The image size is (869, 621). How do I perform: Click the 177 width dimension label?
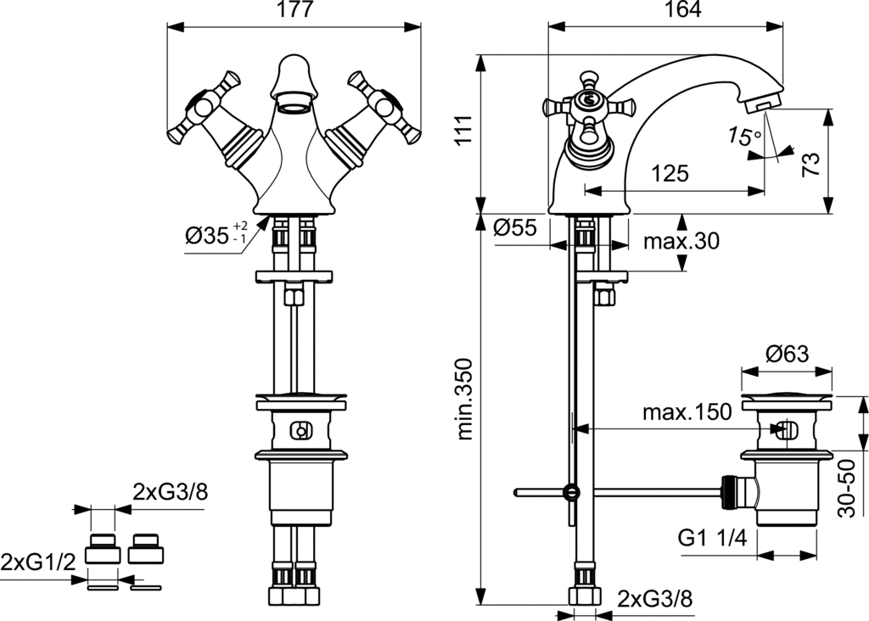(x=294, y=9)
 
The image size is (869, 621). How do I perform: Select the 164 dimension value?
(x=681, y=9)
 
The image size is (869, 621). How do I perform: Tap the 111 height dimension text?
(x=464, y=130)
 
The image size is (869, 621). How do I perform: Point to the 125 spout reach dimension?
(x=670, y=173)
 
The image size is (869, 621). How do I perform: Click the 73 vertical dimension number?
(x=810, y=165)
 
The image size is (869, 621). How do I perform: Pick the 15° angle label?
(x=745, y=136)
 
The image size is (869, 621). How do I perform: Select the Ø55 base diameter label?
(x=515, y=227)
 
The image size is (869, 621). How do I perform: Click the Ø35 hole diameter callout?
(x=216, y=235)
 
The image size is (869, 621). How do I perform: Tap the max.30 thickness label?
(x=681, y=242)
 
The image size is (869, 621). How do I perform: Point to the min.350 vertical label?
(x=464, y=400)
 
